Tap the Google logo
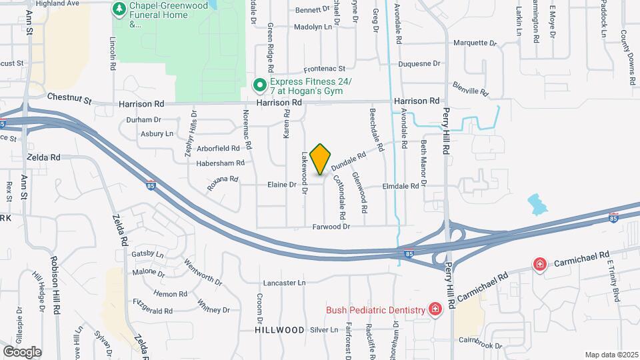[22, 351]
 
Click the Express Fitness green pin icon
[260, 85]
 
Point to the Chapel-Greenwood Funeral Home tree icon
[119, 9]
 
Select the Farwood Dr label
[331, 227]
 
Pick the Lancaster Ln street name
[284, 283]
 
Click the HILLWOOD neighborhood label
[279, 330]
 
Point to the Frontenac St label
[325, 69]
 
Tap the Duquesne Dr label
[419, 64]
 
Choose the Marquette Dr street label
[475, 43]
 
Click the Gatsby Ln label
[147, 254]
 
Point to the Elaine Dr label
[281, 185]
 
